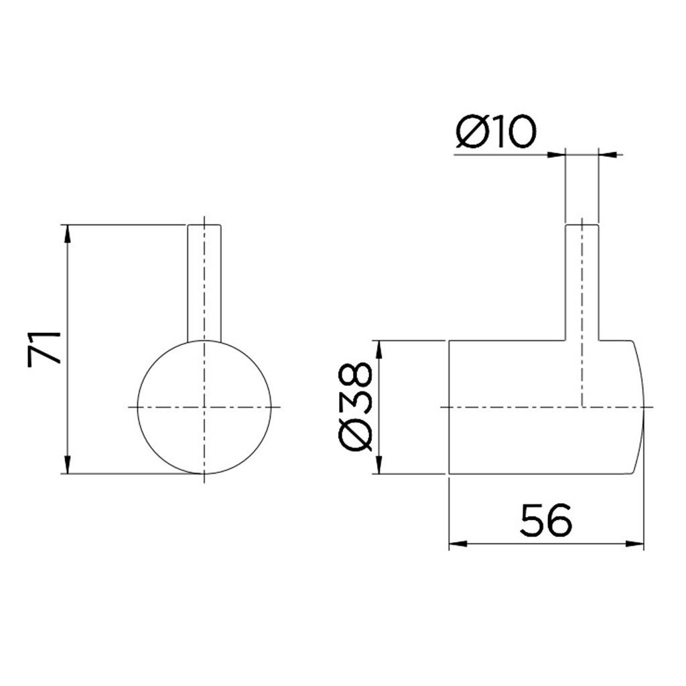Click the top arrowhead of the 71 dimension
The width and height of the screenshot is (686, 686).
click(x=68, y=232)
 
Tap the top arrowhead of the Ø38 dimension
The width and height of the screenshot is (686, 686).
click(x=379, y=348)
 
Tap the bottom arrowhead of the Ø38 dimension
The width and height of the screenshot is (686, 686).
click(x=379, y=466)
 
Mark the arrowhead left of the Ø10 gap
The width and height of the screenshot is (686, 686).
click(x=557, y=155)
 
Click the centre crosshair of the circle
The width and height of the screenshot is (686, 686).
click(x=204, y=407)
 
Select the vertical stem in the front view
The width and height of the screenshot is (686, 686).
click(x=204, y=281)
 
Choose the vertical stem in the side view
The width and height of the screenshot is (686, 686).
click(x=582, y=281)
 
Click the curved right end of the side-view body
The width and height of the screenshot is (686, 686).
click(x=640, y=407)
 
